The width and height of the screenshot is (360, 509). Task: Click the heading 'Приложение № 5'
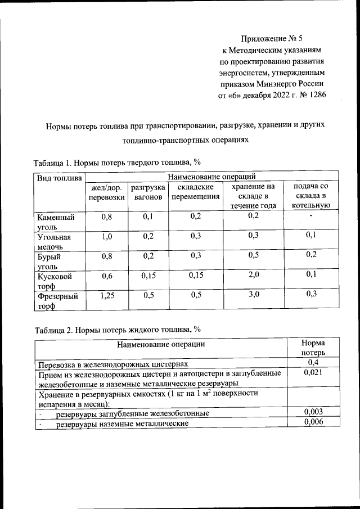[x=272, y=39]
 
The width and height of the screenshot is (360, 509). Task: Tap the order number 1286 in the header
[x=314, y=95]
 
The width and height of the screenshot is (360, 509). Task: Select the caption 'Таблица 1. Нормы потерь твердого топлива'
[x=117, y=163]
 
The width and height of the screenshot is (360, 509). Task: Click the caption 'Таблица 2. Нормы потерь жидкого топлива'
[x=117, y=330]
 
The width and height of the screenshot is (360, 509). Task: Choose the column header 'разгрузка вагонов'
[x=147, y=192]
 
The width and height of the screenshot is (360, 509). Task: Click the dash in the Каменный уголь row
[x=310, y=217]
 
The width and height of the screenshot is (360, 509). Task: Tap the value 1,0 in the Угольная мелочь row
[x=106, y=236]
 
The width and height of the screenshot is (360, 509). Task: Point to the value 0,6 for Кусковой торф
[x=106, y=275]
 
